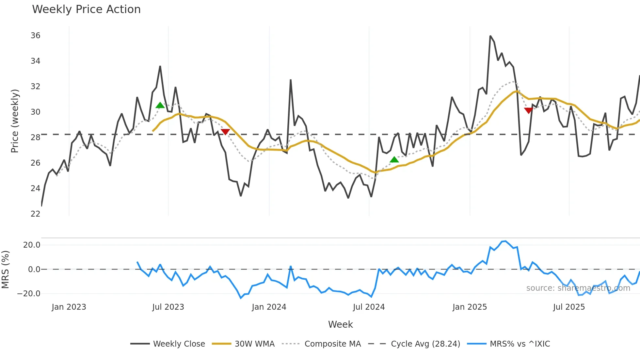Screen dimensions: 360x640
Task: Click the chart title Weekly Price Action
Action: click(86, 9)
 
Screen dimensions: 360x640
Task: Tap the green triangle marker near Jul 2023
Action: click(160, 105)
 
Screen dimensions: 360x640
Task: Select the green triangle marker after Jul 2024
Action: click(394, 160)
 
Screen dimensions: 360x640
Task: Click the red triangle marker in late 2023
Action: click(225, 132)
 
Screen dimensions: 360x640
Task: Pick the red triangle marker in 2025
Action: click(528, 110)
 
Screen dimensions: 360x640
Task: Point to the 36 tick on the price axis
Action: click(35, 36)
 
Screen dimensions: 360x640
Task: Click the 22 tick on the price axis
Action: click(35, 214)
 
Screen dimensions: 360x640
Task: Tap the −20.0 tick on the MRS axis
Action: click(29, 294)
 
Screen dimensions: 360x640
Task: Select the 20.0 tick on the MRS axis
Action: click(32, 245)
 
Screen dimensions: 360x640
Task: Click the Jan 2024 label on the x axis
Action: click(269, 307)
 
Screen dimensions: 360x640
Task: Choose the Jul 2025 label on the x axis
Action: click(569, 307)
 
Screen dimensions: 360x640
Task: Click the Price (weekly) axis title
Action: click(15, 121)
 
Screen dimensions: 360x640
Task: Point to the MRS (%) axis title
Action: click(5, 270)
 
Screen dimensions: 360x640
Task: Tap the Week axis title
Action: click(340, 324)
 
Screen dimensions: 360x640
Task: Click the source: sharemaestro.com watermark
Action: click(578, 288)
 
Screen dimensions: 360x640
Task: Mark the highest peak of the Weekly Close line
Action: click(490, 36)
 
